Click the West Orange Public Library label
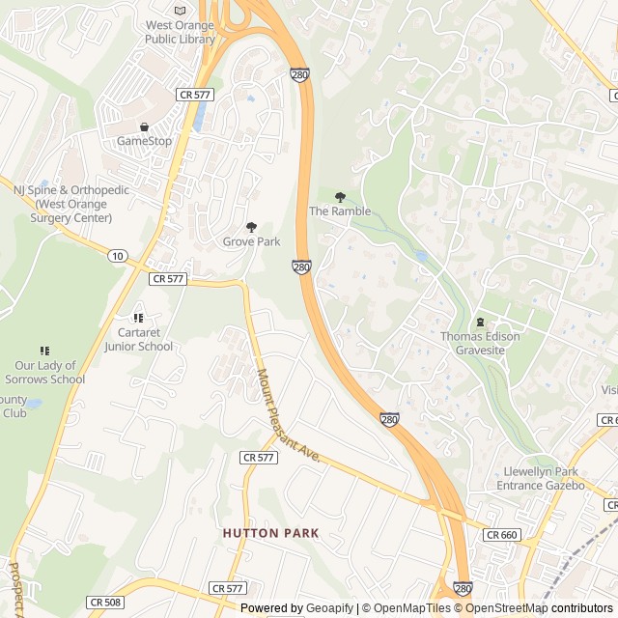(181, 32)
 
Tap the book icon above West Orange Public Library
(181, 10)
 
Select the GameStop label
(144, 141)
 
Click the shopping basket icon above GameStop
(144, 126)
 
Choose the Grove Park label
(251, 241)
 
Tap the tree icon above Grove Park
(251, 227)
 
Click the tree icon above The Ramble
(339, 197)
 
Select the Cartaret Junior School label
(138, 340)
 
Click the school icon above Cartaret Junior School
(138, 317)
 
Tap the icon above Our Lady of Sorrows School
(43, 351)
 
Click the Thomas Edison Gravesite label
(480, 343)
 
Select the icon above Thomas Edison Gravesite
(480, 322)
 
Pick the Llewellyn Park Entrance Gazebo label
(545, 478)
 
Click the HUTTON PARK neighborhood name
(270, 533)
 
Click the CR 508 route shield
(105, 602)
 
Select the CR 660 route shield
(502, 534)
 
